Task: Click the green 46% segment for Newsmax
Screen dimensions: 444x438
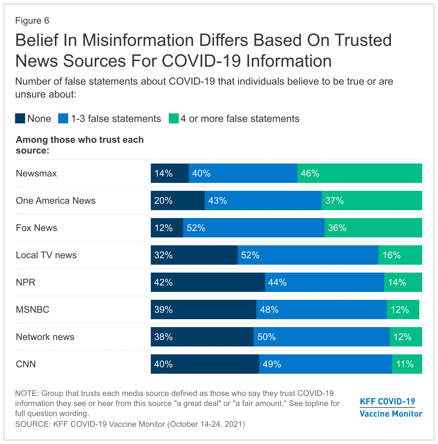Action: tap(359, 173)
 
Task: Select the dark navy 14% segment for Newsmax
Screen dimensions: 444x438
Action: tap(169, 173)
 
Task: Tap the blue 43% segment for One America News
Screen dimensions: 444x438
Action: tap(263, 200)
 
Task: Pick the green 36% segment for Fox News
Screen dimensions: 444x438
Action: tap(373, 228)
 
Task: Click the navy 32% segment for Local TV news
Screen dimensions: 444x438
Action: tap(194, 255)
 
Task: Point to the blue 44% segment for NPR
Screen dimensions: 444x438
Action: tap(324, 282)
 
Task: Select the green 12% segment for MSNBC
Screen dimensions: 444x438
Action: tap(403, 310)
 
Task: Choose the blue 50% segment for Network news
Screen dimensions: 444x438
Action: tap(321, 337)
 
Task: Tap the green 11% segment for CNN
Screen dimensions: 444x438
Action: tap(407, 364)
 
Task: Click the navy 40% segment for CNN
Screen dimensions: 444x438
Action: tap(205, 364)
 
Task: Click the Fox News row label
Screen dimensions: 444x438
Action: tap(37, 228)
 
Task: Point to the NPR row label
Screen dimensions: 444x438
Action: tap(26, 282)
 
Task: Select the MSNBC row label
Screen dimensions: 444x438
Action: tap(33, 310)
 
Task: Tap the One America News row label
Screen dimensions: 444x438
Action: tap(56, 200)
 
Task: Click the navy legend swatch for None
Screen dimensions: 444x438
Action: tap(20, 118)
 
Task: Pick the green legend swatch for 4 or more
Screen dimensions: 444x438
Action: tap(174, 118)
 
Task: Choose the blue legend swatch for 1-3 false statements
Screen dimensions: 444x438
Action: tap(63, 118)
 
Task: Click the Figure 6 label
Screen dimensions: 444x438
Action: tap(32, 20)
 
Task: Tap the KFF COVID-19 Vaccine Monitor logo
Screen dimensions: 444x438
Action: tap(391, 407)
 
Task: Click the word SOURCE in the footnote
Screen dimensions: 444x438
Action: tap(32, 424)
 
